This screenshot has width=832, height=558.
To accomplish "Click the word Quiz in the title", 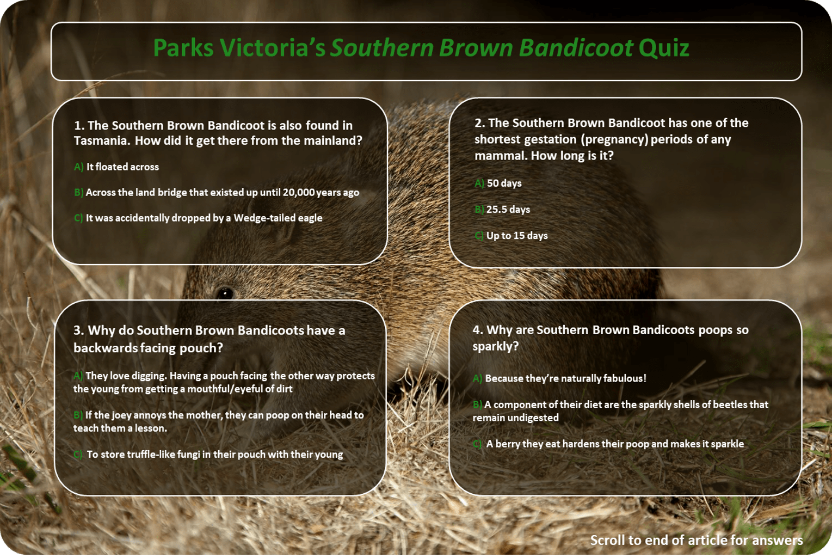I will [x=663, y=48].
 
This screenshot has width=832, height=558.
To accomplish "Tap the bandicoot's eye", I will [x=225, y=293].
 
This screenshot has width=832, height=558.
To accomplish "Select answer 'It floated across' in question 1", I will [x=122, y=167].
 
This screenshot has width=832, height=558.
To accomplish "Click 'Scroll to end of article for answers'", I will [x=696, y=540].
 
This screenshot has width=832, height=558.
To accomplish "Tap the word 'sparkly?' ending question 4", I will [x=495, y=347].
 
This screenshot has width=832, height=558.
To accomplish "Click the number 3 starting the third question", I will [x=78, y=330].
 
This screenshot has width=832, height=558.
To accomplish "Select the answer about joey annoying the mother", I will [x=218, y=421].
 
